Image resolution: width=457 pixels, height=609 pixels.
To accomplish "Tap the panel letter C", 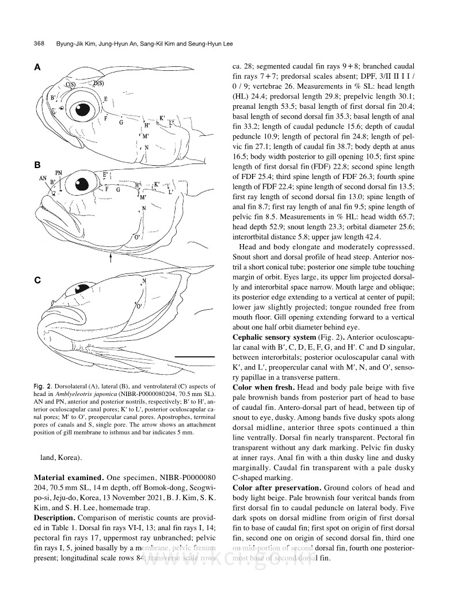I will click(x=37, y=280).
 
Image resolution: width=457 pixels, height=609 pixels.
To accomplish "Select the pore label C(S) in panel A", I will click(x=71, y=85).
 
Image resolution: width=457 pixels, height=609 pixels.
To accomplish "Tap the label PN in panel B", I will click(x=59, y=173).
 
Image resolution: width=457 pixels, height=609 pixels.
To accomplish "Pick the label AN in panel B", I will click(x=43, y=178).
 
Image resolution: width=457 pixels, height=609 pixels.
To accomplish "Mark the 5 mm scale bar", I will click(x=193, y=357).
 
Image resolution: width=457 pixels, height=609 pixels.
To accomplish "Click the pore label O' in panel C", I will click(x=139, y=306).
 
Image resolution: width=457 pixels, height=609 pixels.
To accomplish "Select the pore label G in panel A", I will click(x=121, y=123).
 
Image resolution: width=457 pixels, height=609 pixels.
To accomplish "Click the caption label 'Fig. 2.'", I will click(x=43, y=385).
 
